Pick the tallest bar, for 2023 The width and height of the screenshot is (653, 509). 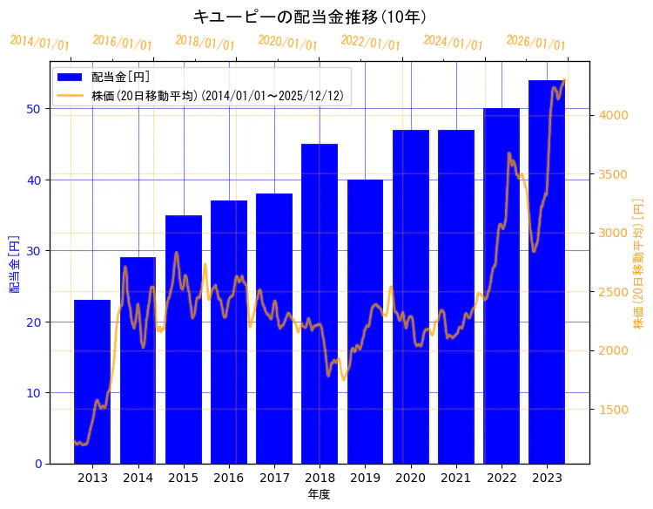tap(547, 271)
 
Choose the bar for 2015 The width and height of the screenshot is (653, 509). tap(183, 339)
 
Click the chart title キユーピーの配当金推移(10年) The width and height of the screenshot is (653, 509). tap(309, 17)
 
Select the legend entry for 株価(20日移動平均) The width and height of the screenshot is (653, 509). tap(217, 95)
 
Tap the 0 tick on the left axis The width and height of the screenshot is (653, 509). tap(37, 464)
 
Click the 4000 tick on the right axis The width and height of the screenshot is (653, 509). tap(610, 115)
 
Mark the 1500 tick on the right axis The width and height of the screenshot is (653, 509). tap(610, 410)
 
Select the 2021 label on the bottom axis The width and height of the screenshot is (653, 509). tap(455, 478)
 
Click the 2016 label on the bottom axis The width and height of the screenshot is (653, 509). tap(228, 478)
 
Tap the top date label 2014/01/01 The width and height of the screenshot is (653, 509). tap(39, 43)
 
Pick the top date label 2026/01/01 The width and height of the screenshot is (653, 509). tap(535, 43)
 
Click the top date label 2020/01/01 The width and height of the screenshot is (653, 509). tap(287, 43)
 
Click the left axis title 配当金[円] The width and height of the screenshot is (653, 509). tap(14, 263)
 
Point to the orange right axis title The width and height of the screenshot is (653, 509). tap(638, 263)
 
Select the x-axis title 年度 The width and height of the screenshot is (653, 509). tap(319, 494)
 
